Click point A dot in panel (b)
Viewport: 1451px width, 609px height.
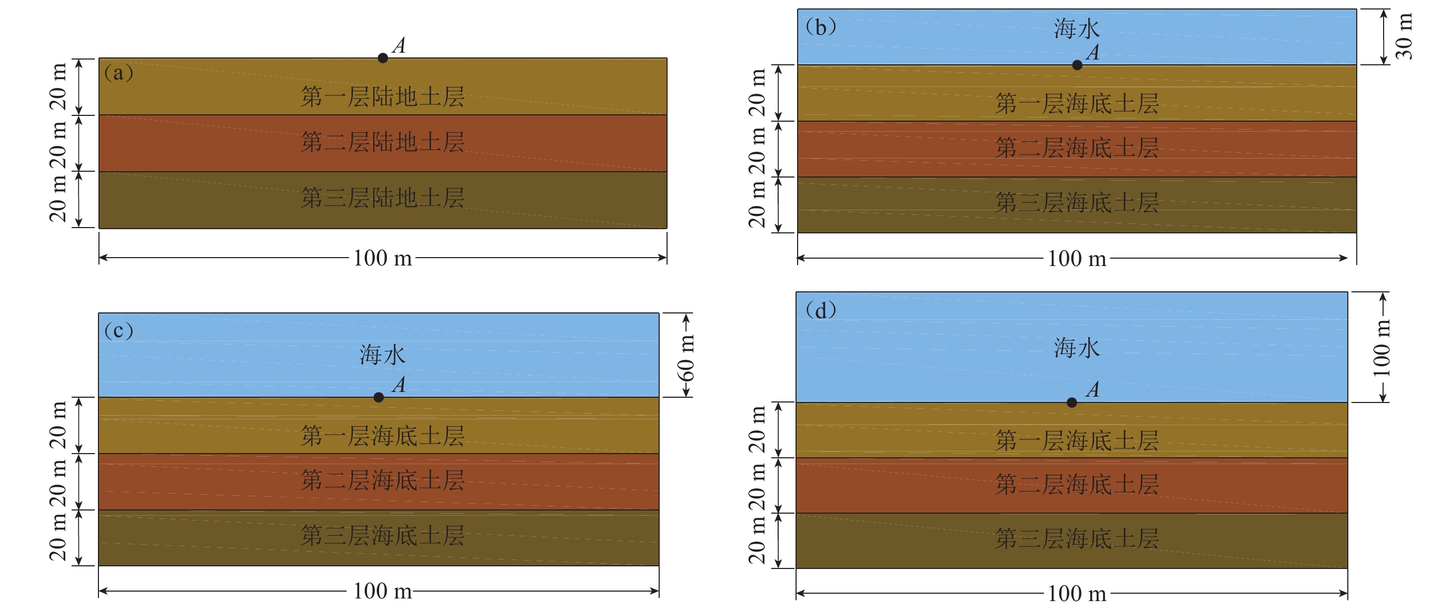pyautogui.click(x=1077, y=65)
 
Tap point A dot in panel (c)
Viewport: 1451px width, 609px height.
pyautogui.click(x=379, y=398)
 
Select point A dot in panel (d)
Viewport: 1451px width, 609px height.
pyautogui.click(x=1072, y=402)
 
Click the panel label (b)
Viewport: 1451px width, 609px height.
pyautogui.click(x=821, y=27)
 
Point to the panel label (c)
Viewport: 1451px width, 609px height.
pyautogui.click(x=119, y=330)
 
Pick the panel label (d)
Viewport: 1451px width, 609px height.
pyautogui.click(x=821, y=310)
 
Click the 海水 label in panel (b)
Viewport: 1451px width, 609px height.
pyautogui.click(x=1077, y=28)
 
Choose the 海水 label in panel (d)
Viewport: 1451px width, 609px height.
pyautogui.click(x=1077, y=348)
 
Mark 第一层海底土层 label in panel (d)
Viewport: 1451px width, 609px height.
pyautogui.click(x=1077, y=440)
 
